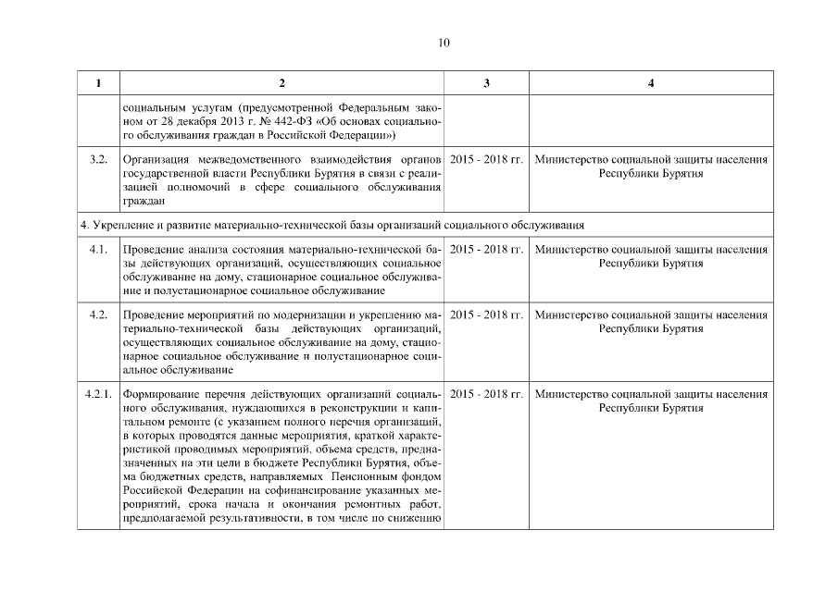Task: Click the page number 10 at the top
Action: (444, 43)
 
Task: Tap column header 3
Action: (486, 84)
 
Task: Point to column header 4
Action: (651, 84)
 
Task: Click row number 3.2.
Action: (97, 160)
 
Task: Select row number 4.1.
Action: (97, 250)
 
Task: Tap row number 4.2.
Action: (97, 315)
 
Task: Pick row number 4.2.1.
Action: (97, 394)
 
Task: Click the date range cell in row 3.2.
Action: (486, 160)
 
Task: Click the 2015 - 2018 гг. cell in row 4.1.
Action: (486, 250)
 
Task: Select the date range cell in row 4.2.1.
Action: (486, 394)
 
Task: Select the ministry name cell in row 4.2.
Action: (651, 322)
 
